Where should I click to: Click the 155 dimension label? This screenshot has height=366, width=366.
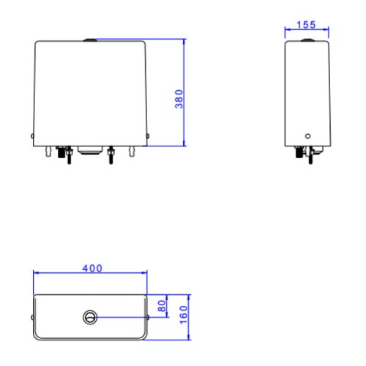(x=306, y=25)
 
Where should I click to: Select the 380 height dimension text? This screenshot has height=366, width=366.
(x=179, y=99)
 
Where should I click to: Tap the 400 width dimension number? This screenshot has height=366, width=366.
(x=92, y=269)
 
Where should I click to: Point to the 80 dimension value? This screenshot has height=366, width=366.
(x=162, y=306)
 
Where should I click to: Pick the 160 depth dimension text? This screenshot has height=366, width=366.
(x=184, y=315)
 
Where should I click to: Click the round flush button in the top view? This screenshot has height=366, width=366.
(x=90, y=317)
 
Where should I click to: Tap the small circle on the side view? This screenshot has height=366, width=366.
(x=308, y=136)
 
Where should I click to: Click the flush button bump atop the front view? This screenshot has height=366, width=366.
(x=90, y=40)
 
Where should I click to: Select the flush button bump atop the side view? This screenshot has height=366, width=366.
(x=308, y=40)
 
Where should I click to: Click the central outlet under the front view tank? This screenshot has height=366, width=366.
(x=90, y=150)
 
